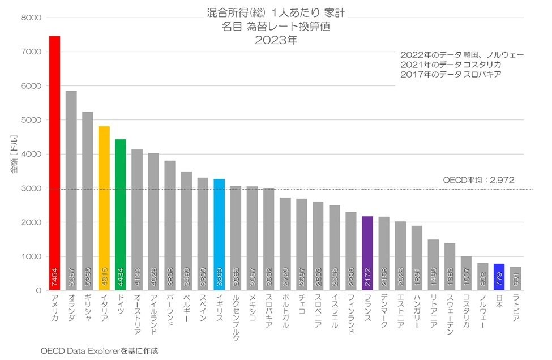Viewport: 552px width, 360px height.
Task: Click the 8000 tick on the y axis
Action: [31, 18]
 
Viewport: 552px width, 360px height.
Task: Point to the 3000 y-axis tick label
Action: [31, 188]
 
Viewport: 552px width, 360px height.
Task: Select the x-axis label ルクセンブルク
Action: [236, 317]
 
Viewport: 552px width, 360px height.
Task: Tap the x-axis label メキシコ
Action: [252, 308]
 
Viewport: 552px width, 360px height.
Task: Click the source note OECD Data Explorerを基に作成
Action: [99, 351]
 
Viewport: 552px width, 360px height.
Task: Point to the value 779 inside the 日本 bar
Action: [499, 281]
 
